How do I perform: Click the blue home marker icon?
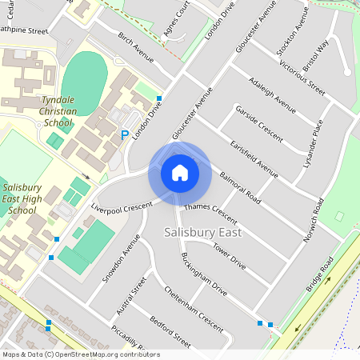click(180, 173)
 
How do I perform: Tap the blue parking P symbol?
click(124, 135)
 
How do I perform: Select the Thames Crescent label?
click(211, 213)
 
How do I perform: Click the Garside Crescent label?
click(258, 123)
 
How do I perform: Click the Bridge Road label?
click(320, 275)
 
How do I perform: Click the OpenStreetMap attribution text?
click(80, 354)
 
